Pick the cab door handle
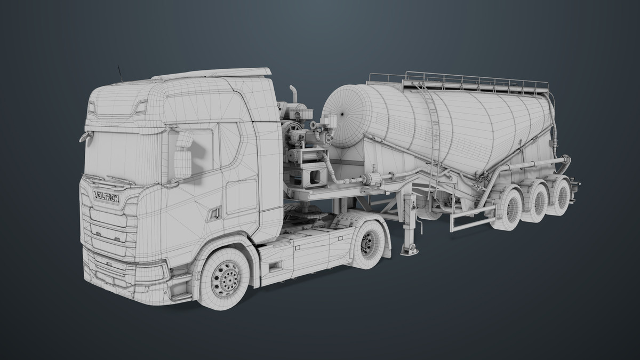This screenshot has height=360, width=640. point(215,213)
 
